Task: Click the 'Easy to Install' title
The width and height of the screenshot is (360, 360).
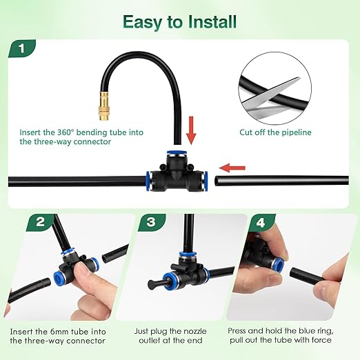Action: pos(180,21)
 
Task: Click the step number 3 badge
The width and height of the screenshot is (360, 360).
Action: pos(150,223)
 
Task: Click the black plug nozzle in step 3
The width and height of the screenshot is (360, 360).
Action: pos(154,284)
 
